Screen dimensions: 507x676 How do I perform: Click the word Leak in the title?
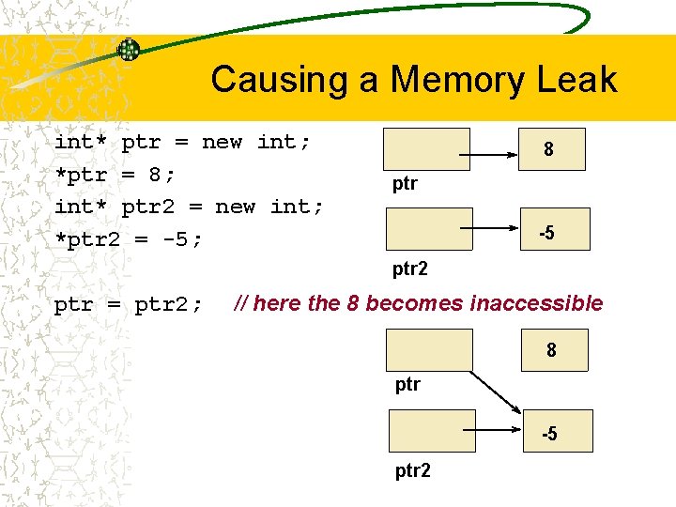577,79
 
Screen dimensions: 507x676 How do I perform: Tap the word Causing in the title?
277,79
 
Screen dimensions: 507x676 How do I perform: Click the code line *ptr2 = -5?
129,239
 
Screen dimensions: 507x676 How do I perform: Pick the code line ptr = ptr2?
129,303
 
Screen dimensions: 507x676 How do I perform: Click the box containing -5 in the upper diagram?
553,229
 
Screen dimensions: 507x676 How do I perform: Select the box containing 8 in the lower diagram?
553,349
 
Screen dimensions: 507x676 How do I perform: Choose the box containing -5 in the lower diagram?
557,431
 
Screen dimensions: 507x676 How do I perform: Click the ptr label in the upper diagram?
405,184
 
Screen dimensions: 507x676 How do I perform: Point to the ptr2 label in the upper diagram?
410,269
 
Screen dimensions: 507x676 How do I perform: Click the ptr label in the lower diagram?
407,384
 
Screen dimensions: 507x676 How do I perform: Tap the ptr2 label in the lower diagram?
413,469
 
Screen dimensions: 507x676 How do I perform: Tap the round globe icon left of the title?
128,50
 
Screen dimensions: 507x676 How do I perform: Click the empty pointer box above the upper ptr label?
426,149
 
